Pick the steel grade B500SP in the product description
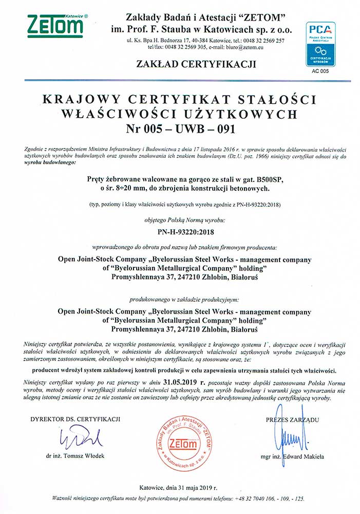point(261,180)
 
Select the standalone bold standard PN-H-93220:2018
point(179,231)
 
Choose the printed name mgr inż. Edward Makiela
point(292,456)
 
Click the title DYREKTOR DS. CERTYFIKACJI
point(75,420)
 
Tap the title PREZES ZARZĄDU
point(293,420)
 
